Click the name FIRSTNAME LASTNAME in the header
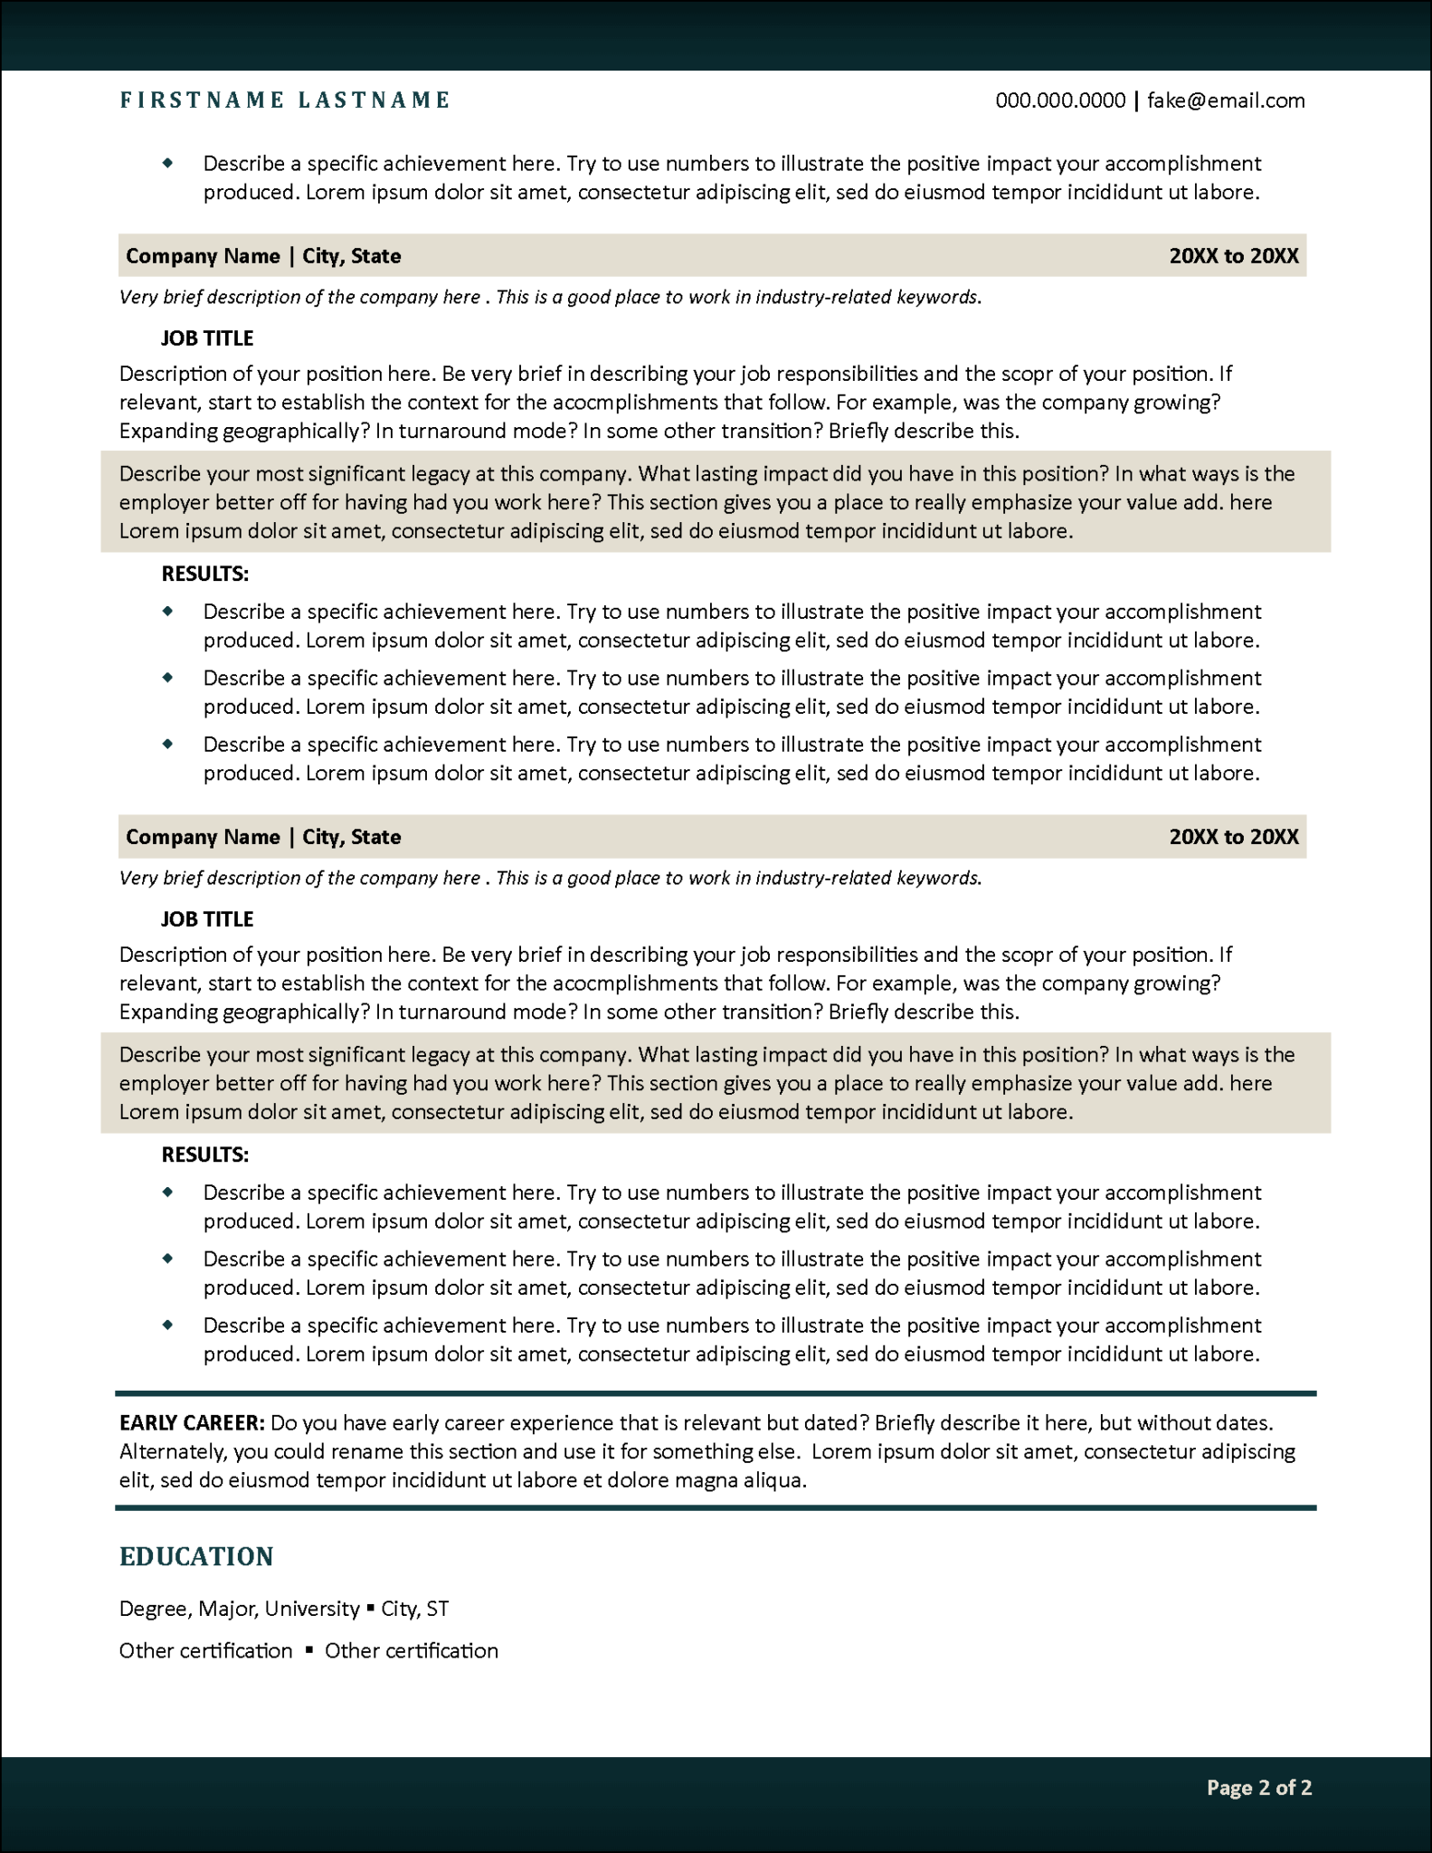(284, 100)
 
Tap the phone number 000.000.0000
(1060, 100)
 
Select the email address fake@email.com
(1226, 100)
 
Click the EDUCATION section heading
(196, 1556)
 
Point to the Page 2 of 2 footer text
(1258, 1787)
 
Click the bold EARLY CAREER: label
(192, 1423)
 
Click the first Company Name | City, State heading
(263, 256)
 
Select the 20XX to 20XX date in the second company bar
(1233, 837)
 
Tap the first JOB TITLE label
(207, 338)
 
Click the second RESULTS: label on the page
(204, 1155)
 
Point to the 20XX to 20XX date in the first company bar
(1233, 256)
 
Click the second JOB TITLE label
(207, 919)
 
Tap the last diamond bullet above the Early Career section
(167, 1325)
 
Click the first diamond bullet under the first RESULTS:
(167, 612)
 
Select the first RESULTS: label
(204, 574)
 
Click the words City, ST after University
(414, 1609)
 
